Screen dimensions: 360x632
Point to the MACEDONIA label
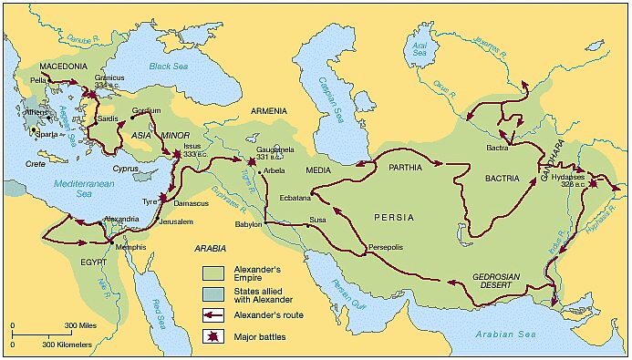(65, 67)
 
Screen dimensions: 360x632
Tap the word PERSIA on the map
(393, 218)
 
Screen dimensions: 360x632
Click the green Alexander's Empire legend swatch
(213, 273)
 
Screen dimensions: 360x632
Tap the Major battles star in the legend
(212, 336)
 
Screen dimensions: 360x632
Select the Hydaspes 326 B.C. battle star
(593, 184)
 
